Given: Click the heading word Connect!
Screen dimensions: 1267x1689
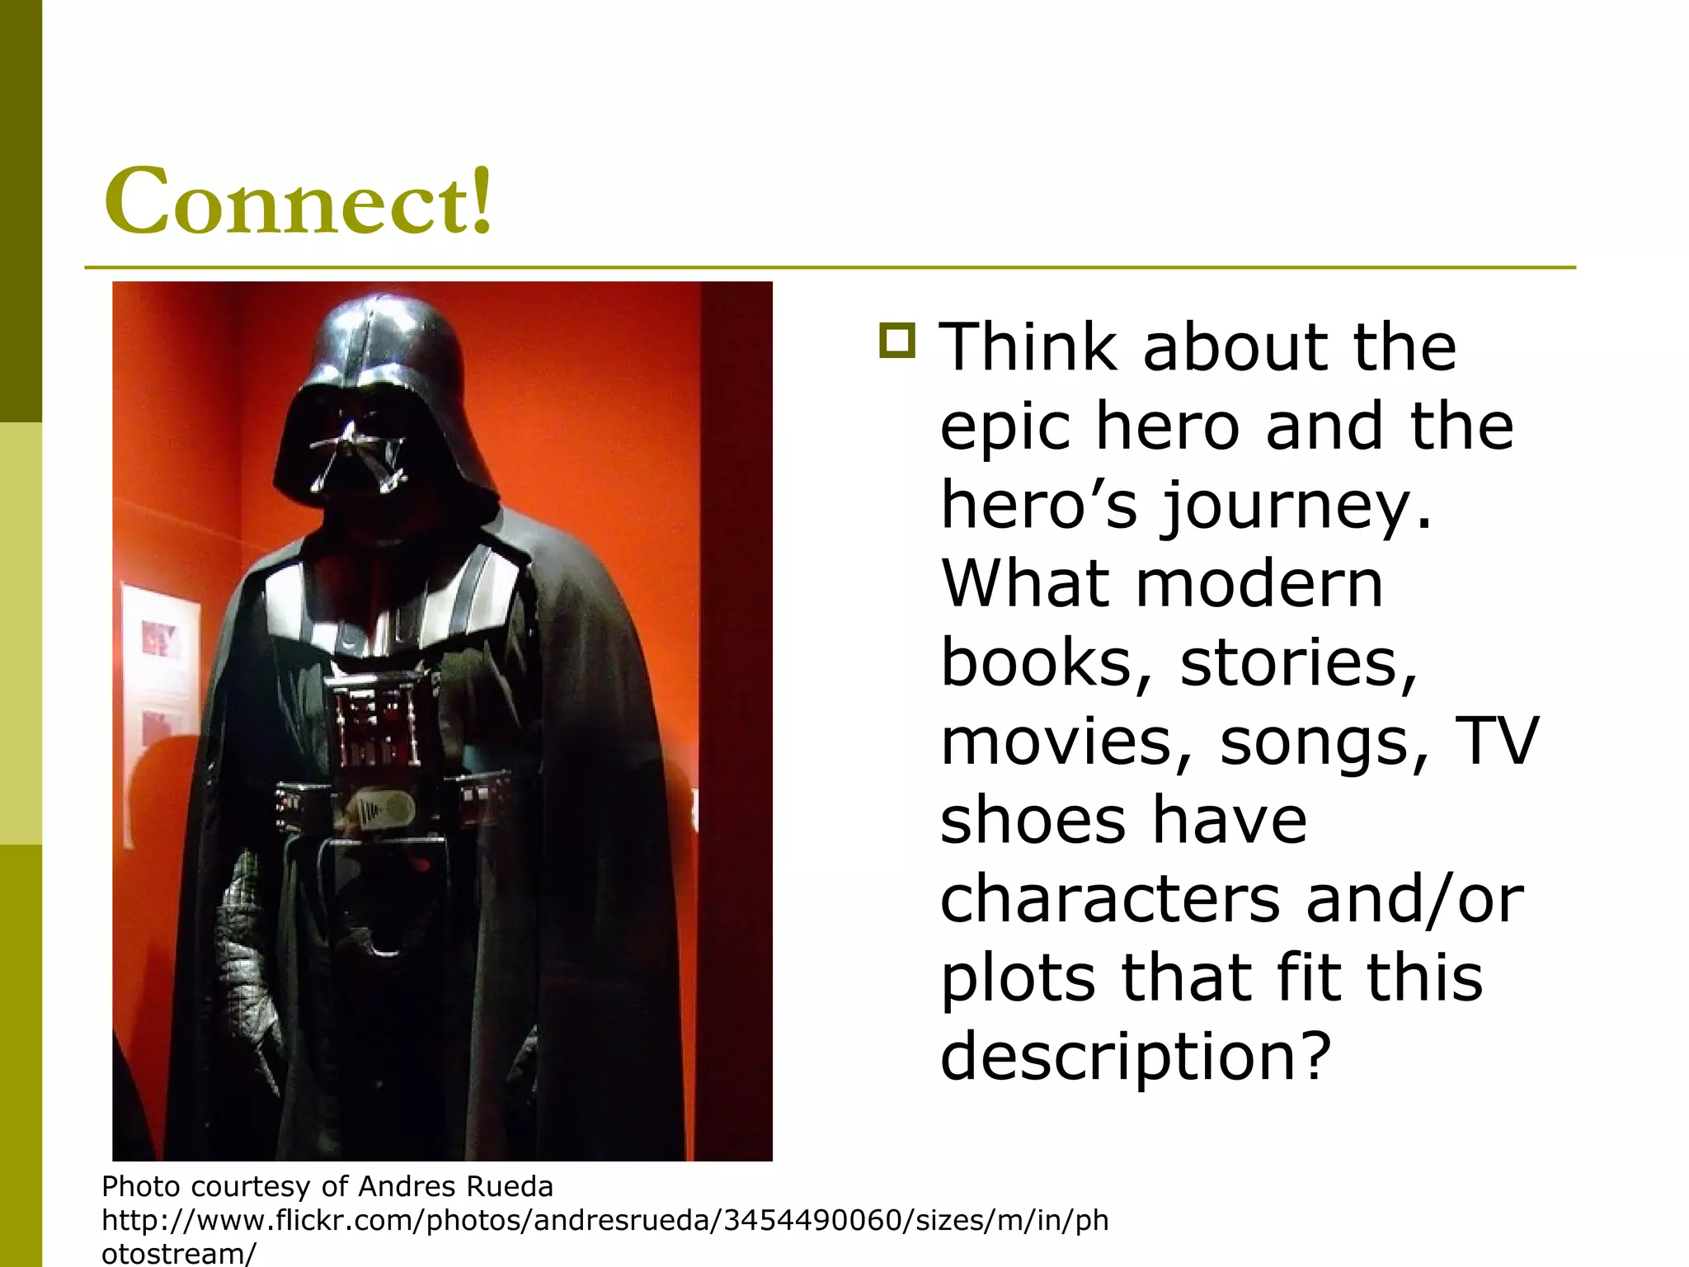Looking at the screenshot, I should pos(299,200).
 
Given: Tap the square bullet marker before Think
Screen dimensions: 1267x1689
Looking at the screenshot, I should pos(897,340).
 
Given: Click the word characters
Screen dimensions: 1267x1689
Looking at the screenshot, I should pos(1110,899).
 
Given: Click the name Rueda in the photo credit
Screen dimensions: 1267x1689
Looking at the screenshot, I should pos(509,1186).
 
